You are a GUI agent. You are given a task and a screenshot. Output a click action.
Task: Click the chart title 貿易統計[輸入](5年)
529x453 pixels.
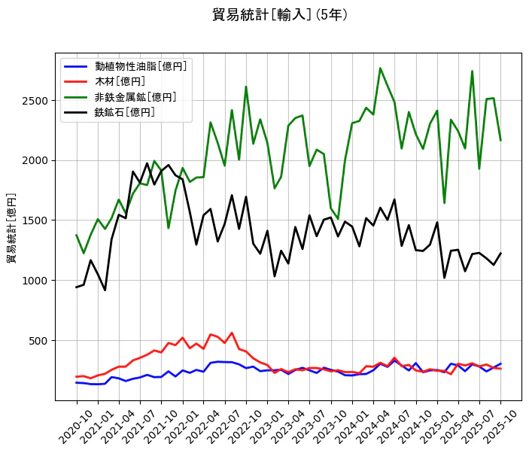[280, 15]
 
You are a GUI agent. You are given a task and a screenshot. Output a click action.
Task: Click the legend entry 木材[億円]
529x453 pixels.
[120, 81]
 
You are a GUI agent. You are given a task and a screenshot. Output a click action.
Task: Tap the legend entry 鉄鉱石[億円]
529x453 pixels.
[125, 112]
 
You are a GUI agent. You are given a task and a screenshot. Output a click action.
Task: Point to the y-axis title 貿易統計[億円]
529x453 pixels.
[11, 228]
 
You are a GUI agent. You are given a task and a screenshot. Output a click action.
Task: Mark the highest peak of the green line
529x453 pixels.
[380, 68]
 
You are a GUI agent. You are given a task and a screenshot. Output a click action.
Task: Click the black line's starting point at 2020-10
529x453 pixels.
[76, 287]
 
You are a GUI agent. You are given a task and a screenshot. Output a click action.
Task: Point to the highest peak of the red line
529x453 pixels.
[232, 333]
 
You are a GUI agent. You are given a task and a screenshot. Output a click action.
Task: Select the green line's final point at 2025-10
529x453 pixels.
[500, 140]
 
